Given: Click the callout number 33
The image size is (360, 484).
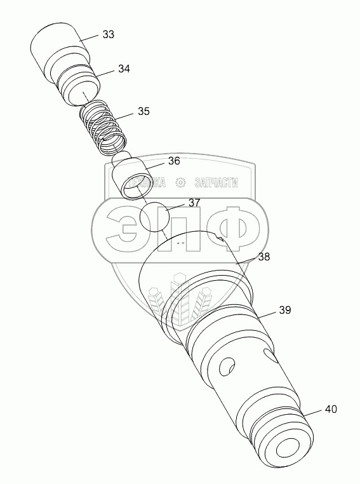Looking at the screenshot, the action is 109,34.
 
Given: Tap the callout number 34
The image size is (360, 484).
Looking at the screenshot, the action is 124,69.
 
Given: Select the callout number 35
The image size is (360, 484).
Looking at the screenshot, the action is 143,111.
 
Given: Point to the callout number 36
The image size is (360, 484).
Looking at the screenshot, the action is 174,161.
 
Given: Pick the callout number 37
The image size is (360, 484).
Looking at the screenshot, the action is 194,203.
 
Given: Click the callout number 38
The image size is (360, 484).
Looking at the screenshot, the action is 263,257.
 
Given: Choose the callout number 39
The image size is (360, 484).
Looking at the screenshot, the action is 285,310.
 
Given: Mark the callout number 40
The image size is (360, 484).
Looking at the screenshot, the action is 331,409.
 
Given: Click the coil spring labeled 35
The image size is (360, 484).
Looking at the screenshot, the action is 103,128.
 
